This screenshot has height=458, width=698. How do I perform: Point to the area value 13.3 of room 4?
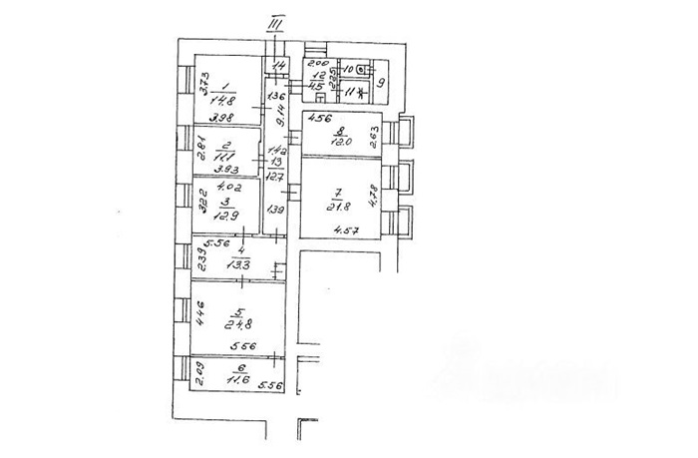point(236,264)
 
